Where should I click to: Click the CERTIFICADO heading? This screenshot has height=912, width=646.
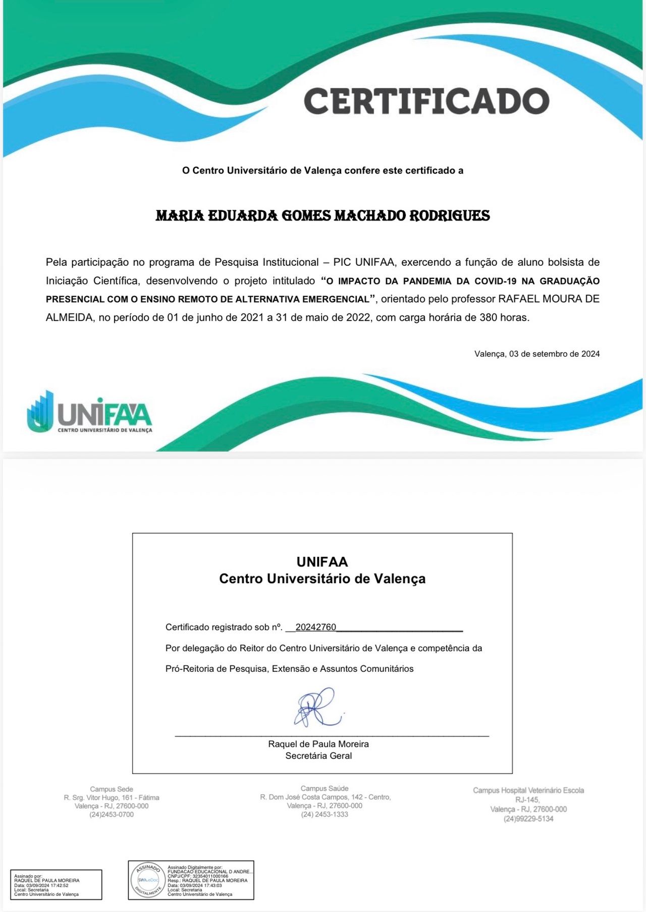tap(426, 101)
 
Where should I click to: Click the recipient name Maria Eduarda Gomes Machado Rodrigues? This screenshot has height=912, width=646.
tap(322, 216)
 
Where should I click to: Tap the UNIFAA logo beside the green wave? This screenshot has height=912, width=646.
tap(90, 412)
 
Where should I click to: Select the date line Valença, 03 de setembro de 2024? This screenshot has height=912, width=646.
tap(537, 354)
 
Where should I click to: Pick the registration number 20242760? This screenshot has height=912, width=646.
tap(315, 628)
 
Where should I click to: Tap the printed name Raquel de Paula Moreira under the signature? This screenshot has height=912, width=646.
tap(318, 744)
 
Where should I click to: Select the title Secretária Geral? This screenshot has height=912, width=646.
tap(318, 756)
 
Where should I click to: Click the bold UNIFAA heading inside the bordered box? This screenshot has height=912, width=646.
tap(322, 562)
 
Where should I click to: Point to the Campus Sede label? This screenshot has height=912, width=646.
tap(112, 789)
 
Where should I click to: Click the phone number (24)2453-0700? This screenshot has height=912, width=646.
tap(112, 815)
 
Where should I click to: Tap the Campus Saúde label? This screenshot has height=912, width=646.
tap(325, 788)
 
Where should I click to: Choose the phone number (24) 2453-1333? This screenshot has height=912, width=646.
tap(325, 814)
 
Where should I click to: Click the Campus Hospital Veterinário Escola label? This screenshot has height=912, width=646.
tap(528, 790)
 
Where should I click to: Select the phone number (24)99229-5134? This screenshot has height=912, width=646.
tap(528, 819)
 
